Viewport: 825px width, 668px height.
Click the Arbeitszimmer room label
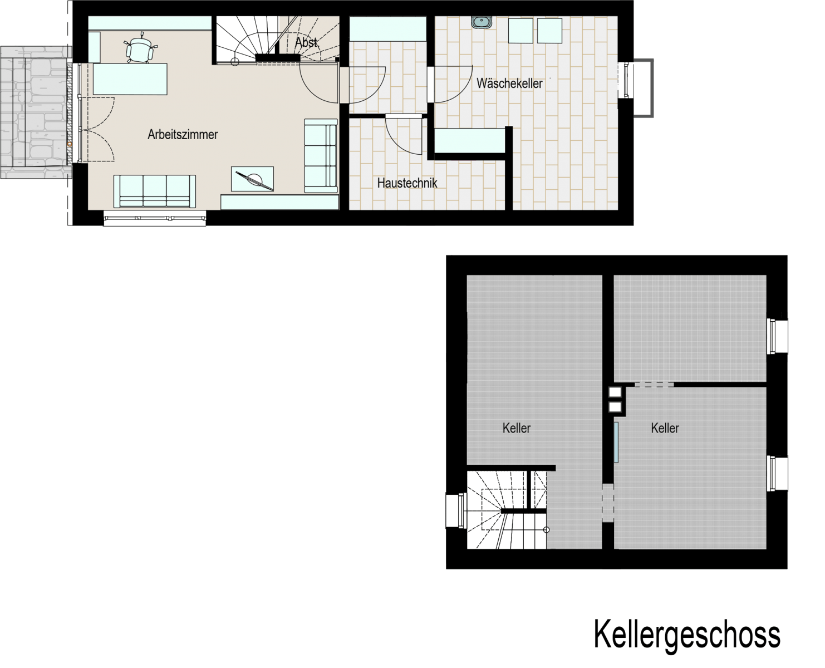pos(183,134)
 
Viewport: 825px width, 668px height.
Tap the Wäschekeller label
pos(509,83)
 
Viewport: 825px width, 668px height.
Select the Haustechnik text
pos(407,183)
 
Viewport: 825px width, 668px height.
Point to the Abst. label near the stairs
pos(306,42)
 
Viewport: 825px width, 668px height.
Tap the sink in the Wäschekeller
pos(482,22)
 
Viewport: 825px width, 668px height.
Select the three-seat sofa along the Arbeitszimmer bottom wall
pos(155,191)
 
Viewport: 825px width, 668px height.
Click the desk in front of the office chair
pos(130,79)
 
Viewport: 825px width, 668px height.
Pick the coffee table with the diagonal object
pos(252,179)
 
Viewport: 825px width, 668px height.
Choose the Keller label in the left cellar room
pos(516,428)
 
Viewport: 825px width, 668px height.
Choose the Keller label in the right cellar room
pos(665,428)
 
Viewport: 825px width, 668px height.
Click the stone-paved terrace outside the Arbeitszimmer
pos(36,112)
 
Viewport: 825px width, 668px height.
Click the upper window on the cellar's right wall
pos(777,336)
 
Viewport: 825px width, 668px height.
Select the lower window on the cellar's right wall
pos(777,474)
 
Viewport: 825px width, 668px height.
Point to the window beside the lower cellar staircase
pos(456,510)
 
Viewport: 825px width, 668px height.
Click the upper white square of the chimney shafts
pos(615,392)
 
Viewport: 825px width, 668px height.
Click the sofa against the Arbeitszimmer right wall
pos(321,156)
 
